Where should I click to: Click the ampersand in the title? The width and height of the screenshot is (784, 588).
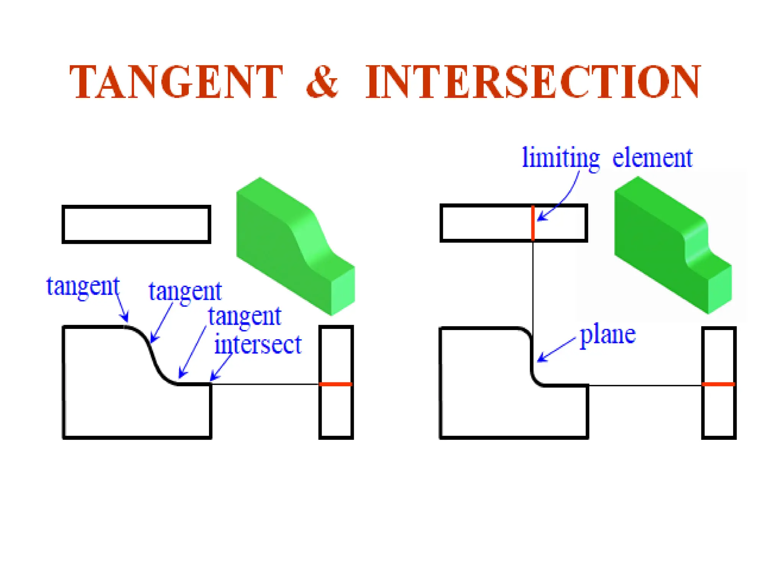point(322,82)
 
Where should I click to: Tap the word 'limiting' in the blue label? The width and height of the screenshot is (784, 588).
point(561,158)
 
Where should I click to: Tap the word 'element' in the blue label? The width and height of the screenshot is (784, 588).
point(652,158)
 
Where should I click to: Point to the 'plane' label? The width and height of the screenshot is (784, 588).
point(608,335)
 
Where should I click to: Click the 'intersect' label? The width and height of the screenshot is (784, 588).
point(258,344)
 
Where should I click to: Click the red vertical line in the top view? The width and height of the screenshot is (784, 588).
point(533,223)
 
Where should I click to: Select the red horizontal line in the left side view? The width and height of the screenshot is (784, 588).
point(336,384)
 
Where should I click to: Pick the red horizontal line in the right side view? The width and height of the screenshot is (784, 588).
point(719,384)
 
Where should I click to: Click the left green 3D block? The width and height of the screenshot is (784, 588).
point(295,245)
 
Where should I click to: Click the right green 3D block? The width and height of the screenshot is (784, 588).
point(672,245)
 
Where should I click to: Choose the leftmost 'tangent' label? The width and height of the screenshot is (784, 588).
point(83,287)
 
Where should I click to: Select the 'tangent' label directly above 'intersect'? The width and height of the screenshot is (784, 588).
point(245,317)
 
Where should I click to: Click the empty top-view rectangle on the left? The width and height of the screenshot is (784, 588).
point(136,224)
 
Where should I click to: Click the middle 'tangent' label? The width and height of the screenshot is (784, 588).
point(185,292)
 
